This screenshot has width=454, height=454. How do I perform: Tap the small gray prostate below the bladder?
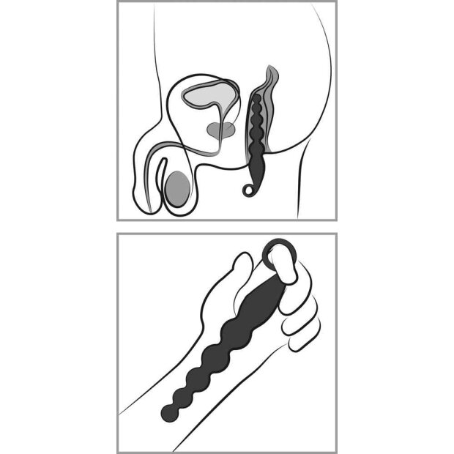click(x=220, y=130)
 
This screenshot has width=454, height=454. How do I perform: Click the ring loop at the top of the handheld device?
click(x=280, y=252)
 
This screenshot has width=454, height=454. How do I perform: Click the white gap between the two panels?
click(x=227, y=227)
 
